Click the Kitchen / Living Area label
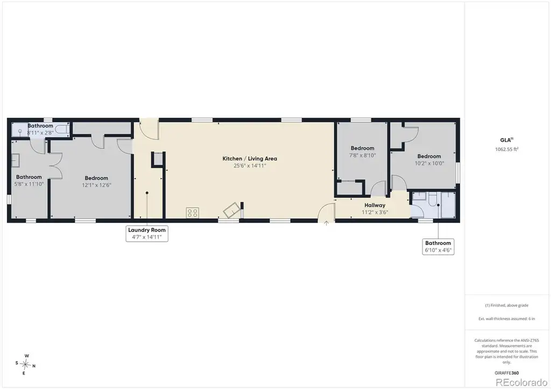[x=250, y=159]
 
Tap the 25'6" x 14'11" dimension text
[x=250, y=165]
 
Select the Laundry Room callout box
[x=147, y=234]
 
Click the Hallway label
[x=375, y=205]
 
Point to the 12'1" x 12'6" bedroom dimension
[x=96, y=185]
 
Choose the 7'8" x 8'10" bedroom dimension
[x=362, y=155]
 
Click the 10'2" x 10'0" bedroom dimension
[x=429, y=163]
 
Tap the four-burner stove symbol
[x=193, y=213]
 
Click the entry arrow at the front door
[x=326, y=223]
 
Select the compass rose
[x=25, y=365]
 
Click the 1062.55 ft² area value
[x=507, y=149]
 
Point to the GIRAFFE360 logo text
[x=506, y=373]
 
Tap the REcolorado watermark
[x=521, y=382]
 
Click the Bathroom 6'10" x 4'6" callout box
[x=438, y=247]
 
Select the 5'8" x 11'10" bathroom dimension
[x=29, y=184]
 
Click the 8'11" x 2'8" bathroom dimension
[x=40, y=133]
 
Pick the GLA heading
[x=506, y=140]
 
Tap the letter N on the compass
[x=34, y=366]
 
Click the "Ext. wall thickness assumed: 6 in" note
[x=506, y=319]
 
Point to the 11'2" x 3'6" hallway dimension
[x=375, y=212]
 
